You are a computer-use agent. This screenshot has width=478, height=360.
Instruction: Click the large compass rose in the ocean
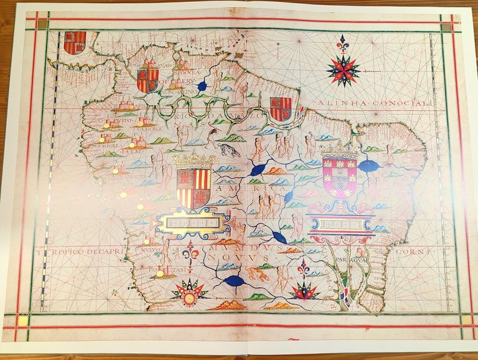(x=343, y=69)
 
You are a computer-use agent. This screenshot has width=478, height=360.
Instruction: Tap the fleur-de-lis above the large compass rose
(x=342, y=46)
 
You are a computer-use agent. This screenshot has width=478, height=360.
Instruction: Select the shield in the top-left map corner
(x=75, y=42)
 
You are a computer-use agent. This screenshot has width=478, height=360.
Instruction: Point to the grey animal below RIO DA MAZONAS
(x=228, y=149)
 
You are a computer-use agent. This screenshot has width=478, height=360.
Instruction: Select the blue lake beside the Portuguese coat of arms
(x=370, y=166)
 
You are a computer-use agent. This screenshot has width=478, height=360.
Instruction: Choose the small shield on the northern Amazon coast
(x=280, y=108)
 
